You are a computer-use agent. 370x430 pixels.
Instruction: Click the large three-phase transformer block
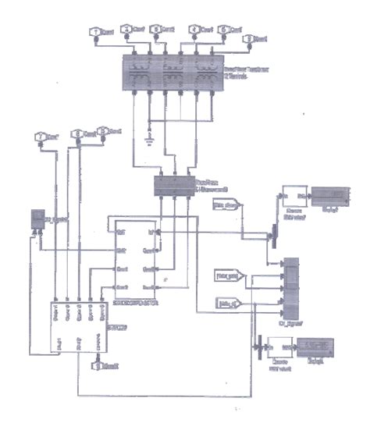[x=174, y=71]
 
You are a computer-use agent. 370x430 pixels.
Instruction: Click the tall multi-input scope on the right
[x=290, y=284]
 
